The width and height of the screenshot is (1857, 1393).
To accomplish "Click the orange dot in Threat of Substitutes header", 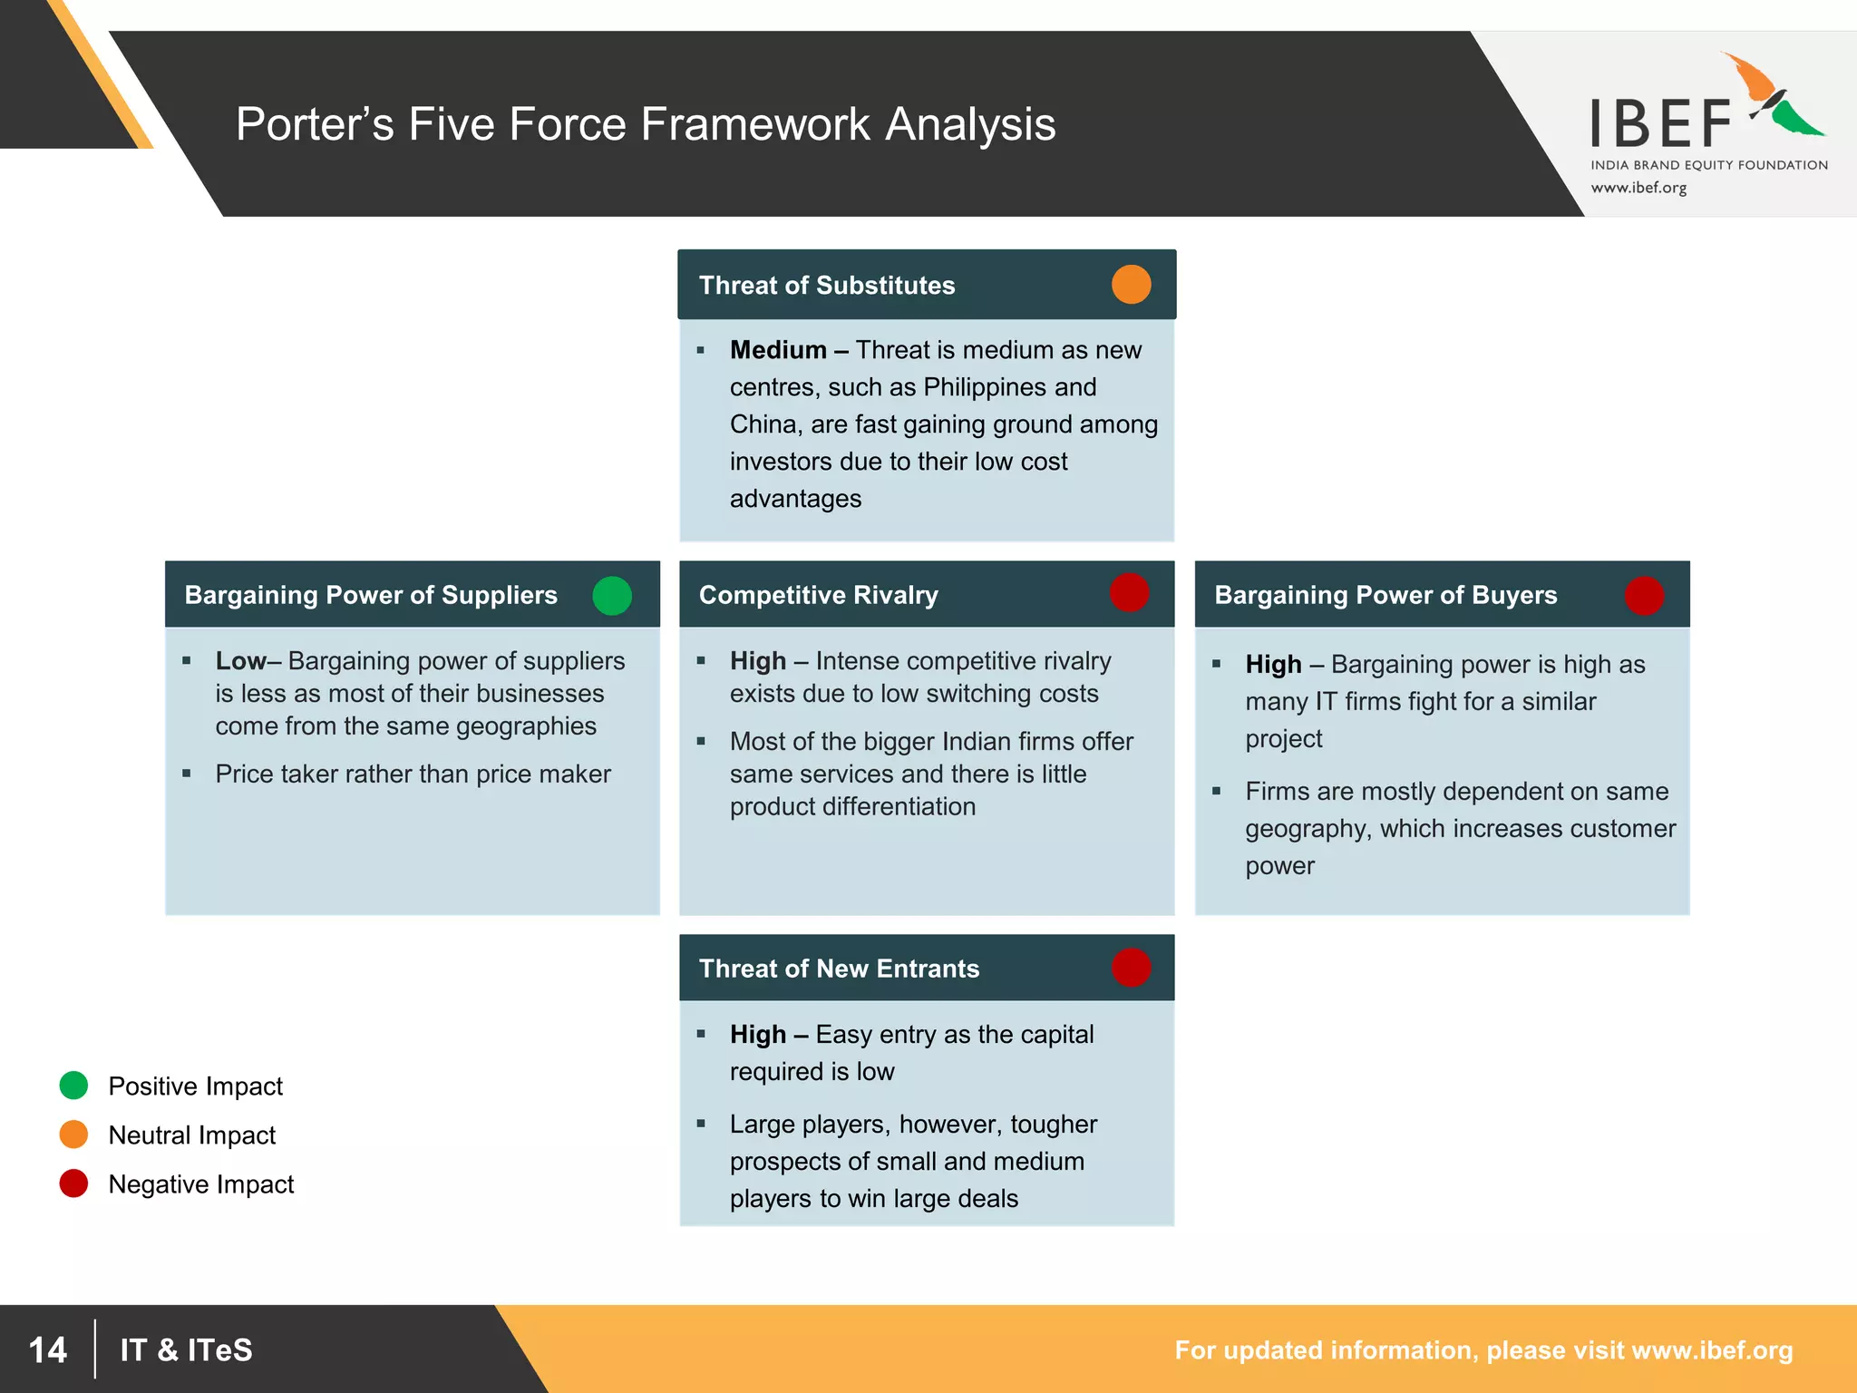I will (x=1131, y=285).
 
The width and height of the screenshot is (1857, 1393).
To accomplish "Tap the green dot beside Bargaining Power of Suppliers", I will (x=612, y=596).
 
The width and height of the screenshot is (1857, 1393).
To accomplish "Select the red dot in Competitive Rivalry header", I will (x=1130, y=593).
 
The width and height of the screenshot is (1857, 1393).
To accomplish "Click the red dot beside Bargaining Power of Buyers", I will (x=1644, y=596).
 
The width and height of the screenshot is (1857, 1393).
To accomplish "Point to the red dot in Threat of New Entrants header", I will (x=1131, y=967).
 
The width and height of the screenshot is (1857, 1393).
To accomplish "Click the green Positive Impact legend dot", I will (x=73, y=1086).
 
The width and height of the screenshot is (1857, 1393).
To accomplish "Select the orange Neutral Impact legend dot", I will (x=73, y=1135).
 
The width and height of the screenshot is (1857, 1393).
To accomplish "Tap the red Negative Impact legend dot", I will (x=73, y=1184).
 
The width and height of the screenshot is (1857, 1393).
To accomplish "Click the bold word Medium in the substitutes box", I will (x=778, y=350).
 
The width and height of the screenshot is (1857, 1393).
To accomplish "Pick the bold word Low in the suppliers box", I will (x=240, y=661).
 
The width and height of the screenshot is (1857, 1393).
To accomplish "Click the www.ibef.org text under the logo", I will (x=1638, y=188).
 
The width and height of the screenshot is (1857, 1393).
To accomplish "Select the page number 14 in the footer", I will (x=47, y=1349).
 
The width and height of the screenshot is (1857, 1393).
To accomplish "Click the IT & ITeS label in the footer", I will (x=186, y=1349).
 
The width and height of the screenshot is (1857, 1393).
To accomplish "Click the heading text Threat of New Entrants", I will (x=839, y=969).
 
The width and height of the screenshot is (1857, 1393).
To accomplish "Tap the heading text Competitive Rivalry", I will (x=818, y=595).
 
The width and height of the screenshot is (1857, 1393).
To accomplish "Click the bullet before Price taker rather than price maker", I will (x=187, y=774).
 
